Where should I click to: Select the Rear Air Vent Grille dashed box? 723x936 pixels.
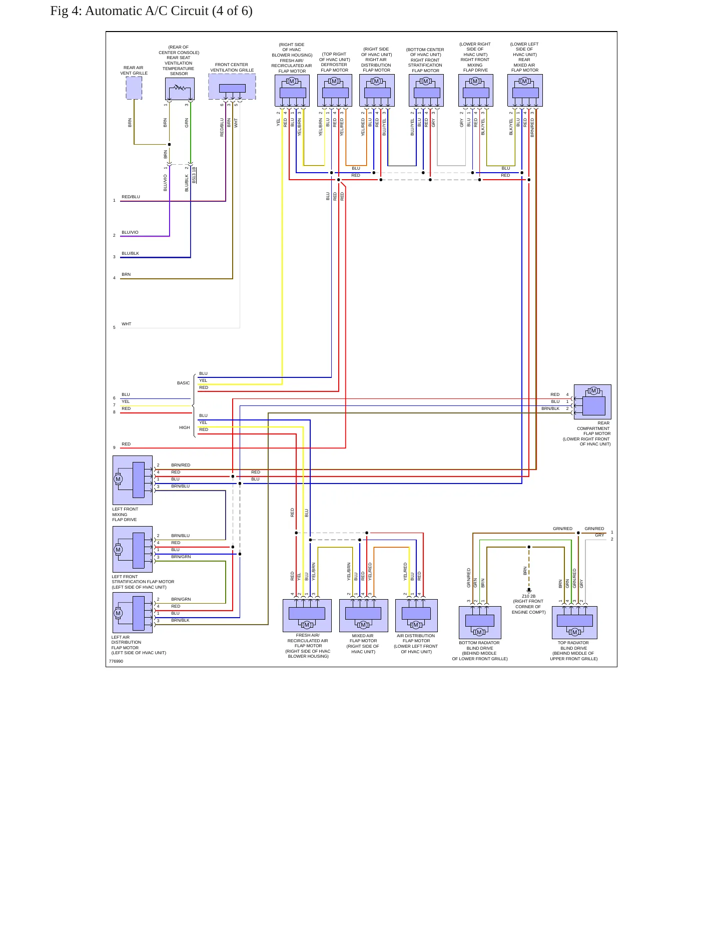(x=134, y=88)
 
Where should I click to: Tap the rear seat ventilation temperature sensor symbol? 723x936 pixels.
(x=180, y=89)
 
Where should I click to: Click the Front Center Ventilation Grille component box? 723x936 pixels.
(x=232, y=87)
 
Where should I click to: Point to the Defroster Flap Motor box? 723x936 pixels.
(x=335, y=91)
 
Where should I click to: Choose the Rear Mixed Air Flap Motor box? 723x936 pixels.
(x=525, y=91)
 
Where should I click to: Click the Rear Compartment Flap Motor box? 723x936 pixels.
(x=592, y=402)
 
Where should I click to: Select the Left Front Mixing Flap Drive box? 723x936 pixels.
(x=133, y=480)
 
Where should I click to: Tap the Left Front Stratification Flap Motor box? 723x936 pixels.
(x=133, y=549)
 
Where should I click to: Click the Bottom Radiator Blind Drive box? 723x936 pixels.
(x=480, y=623)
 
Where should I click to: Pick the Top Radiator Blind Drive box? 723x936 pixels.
(x=574, y=623)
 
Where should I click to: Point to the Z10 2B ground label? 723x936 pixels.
(x=529, y=596)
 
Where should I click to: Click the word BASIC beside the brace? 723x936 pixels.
(x=183, y=383)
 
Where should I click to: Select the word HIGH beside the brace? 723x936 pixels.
(x=185, y=427)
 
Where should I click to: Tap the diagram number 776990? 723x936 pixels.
(x=116, y=661)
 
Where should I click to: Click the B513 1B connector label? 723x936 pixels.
(x=194, y=175)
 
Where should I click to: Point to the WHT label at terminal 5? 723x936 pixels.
(x=127, y=324)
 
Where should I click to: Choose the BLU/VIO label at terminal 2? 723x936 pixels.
(x=130, y=232)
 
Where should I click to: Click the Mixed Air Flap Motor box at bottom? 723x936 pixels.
(x=364, y=616)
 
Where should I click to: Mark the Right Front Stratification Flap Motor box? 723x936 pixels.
(x=426, y=91)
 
